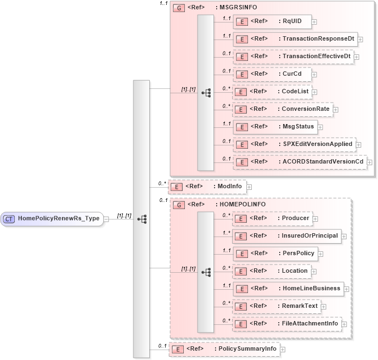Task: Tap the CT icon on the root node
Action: tap(9, 218)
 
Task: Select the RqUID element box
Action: tap(272, 22)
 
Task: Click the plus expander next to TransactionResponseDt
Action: tap(360, 39)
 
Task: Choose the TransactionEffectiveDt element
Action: tap(293, 57)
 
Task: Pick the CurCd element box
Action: tap(272, 74)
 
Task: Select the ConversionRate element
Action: tap(283, 109)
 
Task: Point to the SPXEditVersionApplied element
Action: tap(294, 144)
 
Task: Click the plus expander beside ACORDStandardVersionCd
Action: tap(369, 162)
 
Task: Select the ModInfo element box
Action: tap(207, 187)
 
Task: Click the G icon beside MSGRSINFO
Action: tap(178, 8)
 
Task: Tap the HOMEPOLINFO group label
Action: tap(242, 204)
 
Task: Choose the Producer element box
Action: tap(272, 218)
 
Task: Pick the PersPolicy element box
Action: tap(275, 254)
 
